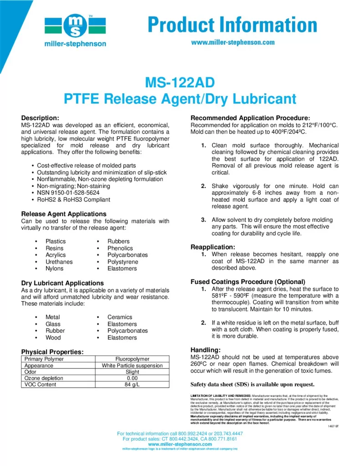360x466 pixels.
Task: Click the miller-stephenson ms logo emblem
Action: pos(75,26)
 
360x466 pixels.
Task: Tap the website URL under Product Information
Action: pos(233,43)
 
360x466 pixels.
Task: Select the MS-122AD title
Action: pos(179,83)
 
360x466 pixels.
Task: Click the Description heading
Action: pos(41,118)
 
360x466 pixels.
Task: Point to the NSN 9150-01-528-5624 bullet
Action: pos(68,192)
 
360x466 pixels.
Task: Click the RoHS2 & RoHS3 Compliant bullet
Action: pos(73,199)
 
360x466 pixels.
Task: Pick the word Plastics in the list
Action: pos(56,241)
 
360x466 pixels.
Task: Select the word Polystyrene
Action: pos(123,262)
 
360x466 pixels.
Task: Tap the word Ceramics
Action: pos(120,317)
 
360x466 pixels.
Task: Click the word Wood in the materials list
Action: pos(53,338)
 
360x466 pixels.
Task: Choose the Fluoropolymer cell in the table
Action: pos(132,359)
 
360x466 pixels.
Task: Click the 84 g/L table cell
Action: pos(132,385)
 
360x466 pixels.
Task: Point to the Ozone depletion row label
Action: pos(44,378)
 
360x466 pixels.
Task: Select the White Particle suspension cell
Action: pos(132,365)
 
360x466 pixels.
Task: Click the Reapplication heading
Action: pos(213,247)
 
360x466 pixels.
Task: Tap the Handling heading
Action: pos(205,349)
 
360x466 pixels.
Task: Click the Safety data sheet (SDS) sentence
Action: pos(252,384)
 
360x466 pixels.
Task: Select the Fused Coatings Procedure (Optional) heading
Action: pos(248,282)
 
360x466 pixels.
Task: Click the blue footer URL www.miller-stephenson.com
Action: pos(180,444)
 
